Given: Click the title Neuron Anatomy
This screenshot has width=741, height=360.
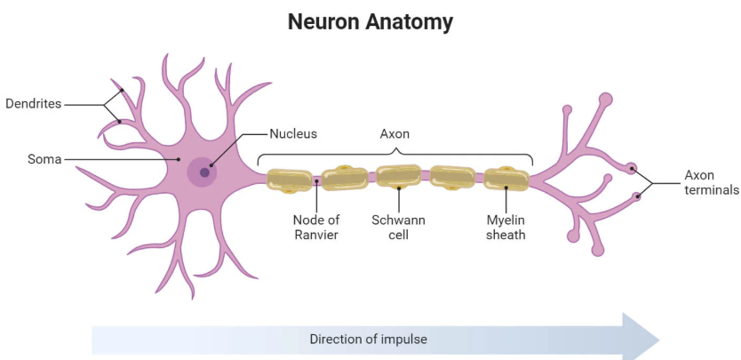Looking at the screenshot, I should [x=370, y=21].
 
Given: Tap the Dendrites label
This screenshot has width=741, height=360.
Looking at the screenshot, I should [x=33, y=104].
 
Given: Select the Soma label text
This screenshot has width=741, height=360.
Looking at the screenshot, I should [x=44, y=160].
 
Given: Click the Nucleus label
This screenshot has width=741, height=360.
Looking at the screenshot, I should [x=293, y=134].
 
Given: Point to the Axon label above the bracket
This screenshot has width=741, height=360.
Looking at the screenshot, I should [x=394, y=134].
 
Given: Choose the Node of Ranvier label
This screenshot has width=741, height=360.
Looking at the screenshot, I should [x=316, y=228].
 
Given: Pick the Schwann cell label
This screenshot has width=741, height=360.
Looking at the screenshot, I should [x=399, y=228].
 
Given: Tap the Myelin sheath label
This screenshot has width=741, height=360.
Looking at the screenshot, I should [x=506, y=228].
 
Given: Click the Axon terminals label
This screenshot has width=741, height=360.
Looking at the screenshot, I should [x=711, y=182].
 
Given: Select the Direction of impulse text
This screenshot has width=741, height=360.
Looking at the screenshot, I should [x=369, y=339].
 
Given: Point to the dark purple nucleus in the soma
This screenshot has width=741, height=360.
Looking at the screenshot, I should [x=204, y=172].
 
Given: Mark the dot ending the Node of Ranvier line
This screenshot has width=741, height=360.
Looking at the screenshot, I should [x=316, y=183].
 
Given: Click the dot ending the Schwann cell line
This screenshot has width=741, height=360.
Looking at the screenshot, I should [x=399, y=188].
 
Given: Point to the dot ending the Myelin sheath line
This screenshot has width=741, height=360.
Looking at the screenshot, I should [x=506, y=187].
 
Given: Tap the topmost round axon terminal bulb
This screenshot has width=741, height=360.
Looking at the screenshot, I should [x=605, y=100].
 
